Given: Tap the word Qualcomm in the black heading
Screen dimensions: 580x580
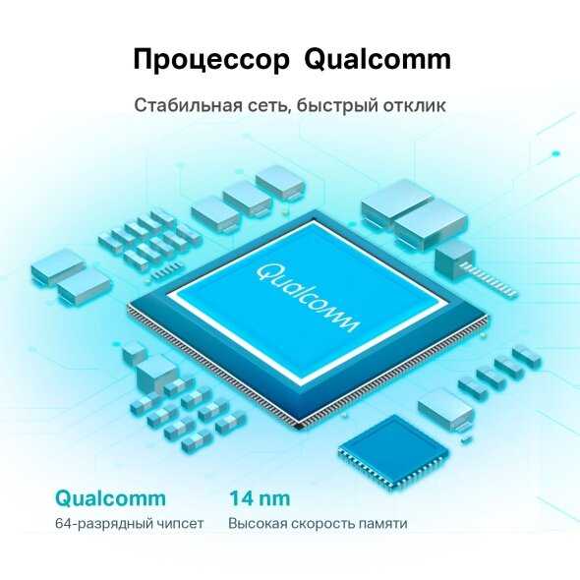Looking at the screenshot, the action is [x=377, y=59].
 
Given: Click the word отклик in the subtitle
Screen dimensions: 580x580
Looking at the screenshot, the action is [x=414, y=105].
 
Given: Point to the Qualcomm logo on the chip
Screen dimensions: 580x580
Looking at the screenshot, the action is [x=307, y=298].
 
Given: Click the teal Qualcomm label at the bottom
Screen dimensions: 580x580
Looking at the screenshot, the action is [x=110, y=498].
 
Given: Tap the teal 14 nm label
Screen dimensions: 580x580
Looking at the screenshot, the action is [x=260, y=497].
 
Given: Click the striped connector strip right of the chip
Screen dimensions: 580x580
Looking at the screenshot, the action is [x=489, y=280].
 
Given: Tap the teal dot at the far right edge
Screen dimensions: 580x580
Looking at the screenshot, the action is [x=556, y=154].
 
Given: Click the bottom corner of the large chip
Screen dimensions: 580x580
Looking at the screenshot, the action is [x=301, y=429].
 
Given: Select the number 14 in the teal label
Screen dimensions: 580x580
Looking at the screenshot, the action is [x=241, y=497].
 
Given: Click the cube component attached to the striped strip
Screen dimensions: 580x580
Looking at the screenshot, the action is [x=454, y=260].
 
